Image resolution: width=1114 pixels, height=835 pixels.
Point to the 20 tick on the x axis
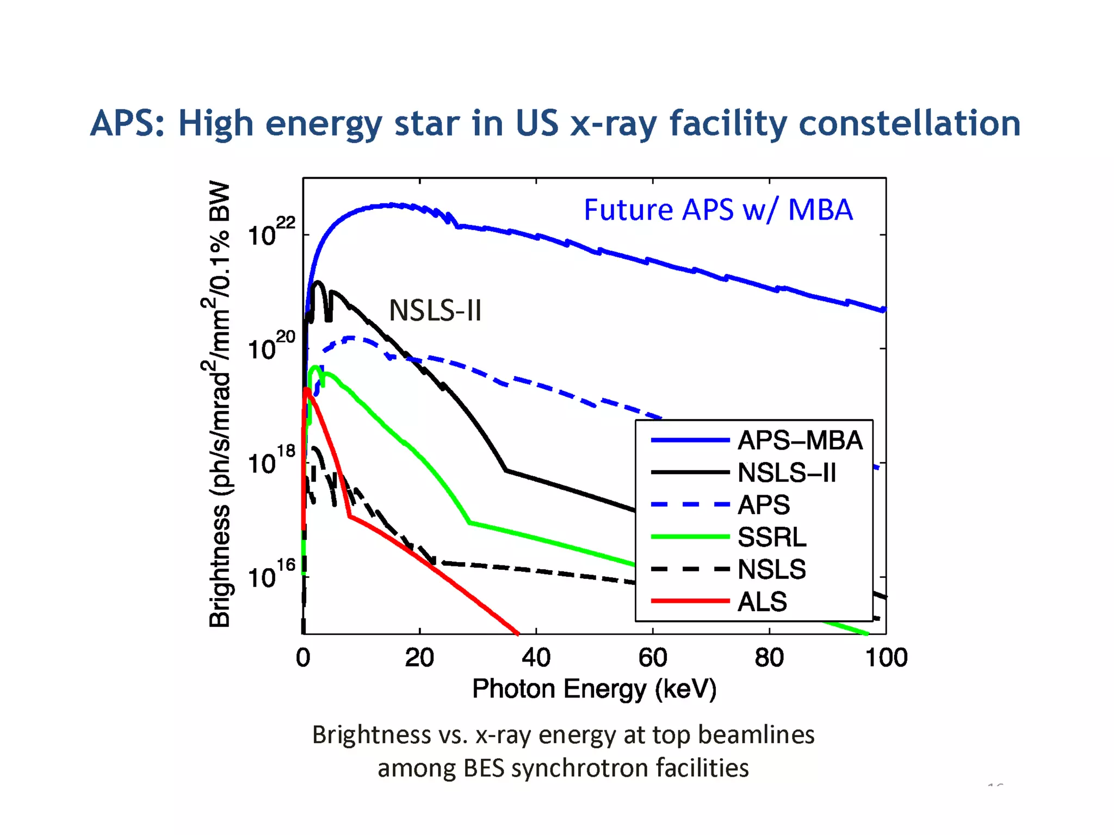point(419,658)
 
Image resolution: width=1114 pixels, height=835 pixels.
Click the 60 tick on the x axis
point(652,658)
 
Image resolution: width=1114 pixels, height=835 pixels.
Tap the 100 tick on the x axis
point(886,658)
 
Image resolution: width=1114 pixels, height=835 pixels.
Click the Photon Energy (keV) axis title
point(594,689)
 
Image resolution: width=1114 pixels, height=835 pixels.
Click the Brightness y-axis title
point(219,404)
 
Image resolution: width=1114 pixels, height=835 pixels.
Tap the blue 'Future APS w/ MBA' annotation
point(718,210)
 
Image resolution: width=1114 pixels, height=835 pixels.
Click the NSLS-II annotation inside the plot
point(435,311)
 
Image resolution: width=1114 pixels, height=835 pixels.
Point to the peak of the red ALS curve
point(307,390)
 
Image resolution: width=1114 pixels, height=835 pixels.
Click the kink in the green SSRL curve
point(469,523)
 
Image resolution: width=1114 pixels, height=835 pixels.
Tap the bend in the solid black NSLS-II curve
point(506,470)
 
